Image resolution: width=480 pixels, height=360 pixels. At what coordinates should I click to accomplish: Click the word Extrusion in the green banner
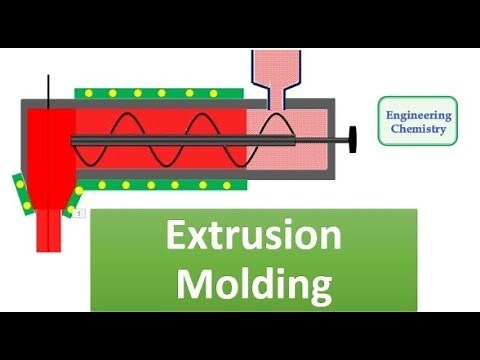(x=253, y=238)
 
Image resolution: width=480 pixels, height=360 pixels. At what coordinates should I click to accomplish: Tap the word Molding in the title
(x=253, y=284)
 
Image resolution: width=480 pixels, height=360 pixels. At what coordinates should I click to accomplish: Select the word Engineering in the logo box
(x=419, y=116)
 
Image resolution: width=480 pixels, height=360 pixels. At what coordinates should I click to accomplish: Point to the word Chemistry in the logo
(x=419, y=131)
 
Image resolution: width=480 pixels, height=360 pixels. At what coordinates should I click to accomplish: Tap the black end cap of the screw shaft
(x=354, y=137)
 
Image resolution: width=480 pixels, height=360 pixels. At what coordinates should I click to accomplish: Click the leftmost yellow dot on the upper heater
(x=86, y=93)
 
